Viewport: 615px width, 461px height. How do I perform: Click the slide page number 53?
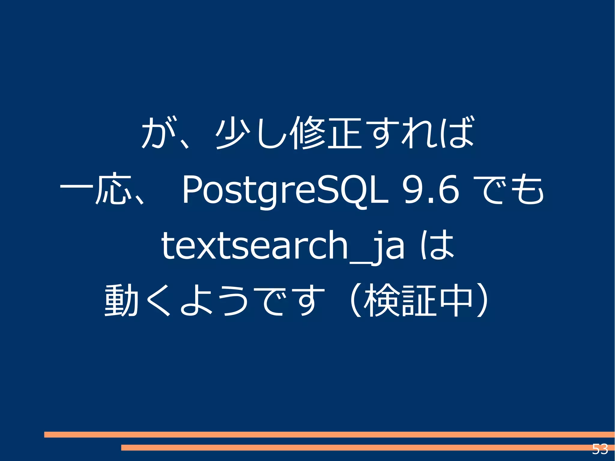(x=600, y=449)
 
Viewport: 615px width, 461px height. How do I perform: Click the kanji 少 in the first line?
(x=234, y=133)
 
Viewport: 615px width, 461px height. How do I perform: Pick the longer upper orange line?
(x=329, y=434)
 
